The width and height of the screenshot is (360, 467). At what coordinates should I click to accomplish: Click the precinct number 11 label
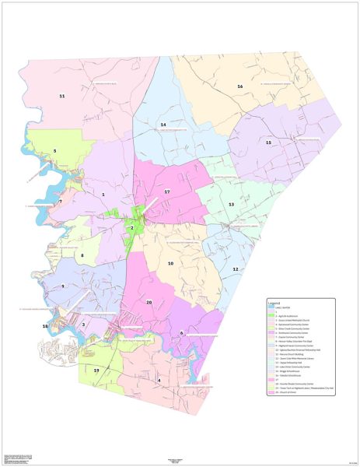point(61,95)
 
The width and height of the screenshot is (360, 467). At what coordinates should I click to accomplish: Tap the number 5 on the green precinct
point(54,150)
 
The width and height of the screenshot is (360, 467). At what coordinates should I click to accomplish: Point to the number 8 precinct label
point(82,255)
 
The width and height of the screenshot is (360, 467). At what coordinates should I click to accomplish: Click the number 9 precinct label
point(63,286)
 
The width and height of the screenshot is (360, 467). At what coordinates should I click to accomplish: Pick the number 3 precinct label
point(83,324)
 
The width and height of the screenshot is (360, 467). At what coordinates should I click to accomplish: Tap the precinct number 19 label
point(96,370)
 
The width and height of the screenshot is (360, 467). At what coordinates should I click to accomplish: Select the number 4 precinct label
point(159,380)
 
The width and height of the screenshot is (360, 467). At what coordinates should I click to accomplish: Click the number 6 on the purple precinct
point(182,332)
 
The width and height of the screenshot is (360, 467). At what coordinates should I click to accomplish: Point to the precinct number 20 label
point(149,302)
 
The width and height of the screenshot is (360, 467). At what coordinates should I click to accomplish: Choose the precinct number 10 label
point(170,264)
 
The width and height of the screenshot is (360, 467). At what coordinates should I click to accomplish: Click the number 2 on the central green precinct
point(132,228)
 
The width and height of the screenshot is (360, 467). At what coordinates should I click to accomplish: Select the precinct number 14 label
point(163,125)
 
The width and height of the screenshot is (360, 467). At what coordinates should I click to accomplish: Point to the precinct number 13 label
point(231,204)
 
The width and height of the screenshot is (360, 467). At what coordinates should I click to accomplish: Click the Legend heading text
point(274,302)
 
